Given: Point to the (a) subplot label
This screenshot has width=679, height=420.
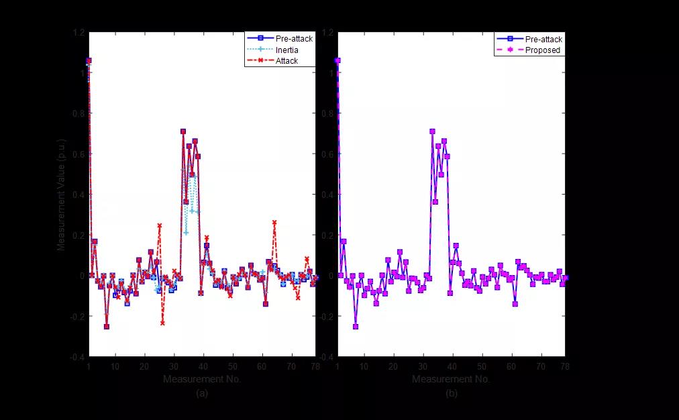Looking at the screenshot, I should (x=202, y=393).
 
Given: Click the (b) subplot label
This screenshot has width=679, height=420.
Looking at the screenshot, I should (x=452, y=393).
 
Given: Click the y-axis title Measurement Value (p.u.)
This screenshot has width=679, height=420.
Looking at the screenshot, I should (x=61, y=195).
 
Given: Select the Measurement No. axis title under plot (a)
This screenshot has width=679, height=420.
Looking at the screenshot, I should (x=202, y=380).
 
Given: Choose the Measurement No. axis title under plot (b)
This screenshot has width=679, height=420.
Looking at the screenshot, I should (x=452, y=380).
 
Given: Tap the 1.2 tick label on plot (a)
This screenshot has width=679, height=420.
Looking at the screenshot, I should (x=79, y=32).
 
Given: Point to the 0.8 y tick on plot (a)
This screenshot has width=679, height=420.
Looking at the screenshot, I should (x=79, y=113).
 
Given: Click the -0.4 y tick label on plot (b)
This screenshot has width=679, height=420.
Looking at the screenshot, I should (x=327, y=356).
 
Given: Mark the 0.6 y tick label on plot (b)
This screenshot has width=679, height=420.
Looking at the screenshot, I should (x=329, y=154).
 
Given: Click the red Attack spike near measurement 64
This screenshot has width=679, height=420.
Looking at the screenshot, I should (x=274, y=222).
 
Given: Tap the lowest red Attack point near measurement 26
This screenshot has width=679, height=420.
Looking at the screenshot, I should (x=162, y=323).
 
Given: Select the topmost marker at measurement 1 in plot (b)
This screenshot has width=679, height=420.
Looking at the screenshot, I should (x=337, y=60).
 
